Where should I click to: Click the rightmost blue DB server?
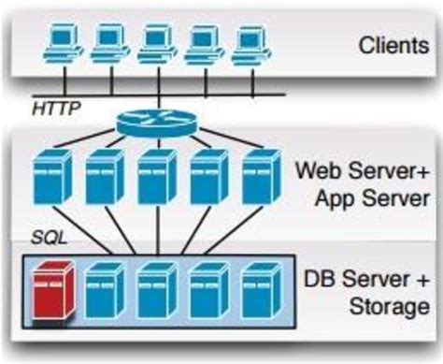[x=260, y=289]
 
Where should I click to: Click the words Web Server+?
[x=362, y=171]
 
